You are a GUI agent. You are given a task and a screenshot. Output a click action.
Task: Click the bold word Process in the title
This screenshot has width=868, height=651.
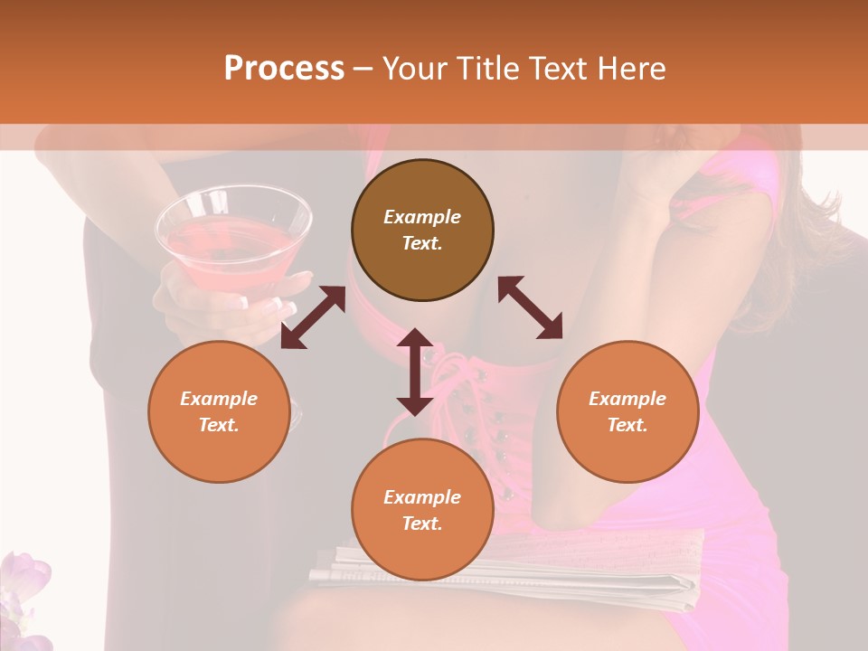click(284, 69)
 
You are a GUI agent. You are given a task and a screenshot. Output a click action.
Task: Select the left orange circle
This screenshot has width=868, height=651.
click(219, 411)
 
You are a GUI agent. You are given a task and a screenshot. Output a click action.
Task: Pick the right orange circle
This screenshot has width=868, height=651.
click(627, 411)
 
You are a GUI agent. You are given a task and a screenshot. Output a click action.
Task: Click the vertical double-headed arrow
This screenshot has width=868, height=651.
click(415, 372)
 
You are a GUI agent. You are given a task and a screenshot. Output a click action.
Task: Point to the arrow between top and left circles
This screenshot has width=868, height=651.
click(313, 317)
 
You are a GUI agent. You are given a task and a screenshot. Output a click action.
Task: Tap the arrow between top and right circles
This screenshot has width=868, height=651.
click(530, 307)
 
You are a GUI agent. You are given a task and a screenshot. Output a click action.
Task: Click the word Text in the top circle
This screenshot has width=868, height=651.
click(422, 243)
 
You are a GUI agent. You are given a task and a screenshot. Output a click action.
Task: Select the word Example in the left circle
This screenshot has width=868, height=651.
click(219, 399)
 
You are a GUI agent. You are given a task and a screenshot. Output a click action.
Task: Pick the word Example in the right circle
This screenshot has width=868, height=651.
click(627, 399)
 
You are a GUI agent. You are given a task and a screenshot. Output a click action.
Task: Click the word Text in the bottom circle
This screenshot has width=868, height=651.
click(422, 524)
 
